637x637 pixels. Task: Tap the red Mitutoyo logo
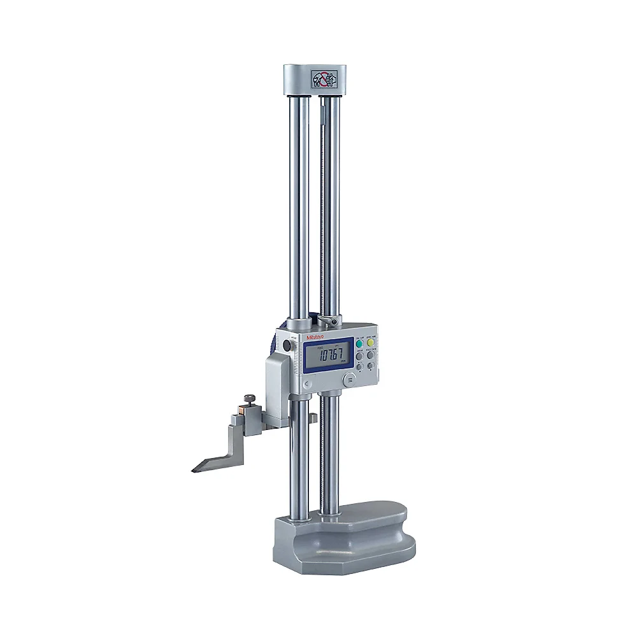(x=314, y=336)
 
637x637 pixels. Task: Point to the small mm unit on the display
(x=343, y=361)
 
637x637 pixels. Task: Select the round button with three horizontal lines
(x=350, y=379)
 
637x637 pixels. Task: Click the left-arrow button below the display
(x=307, y=384)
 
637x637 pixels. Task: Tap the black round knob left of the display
(x=287, y=346)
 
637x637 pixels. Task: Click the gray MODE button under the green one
(x=360, y=356)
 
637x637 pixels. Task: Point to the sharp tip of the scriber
(x=193, y=470)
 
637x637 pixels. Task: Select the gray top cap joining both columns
(x=311, y=79)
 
